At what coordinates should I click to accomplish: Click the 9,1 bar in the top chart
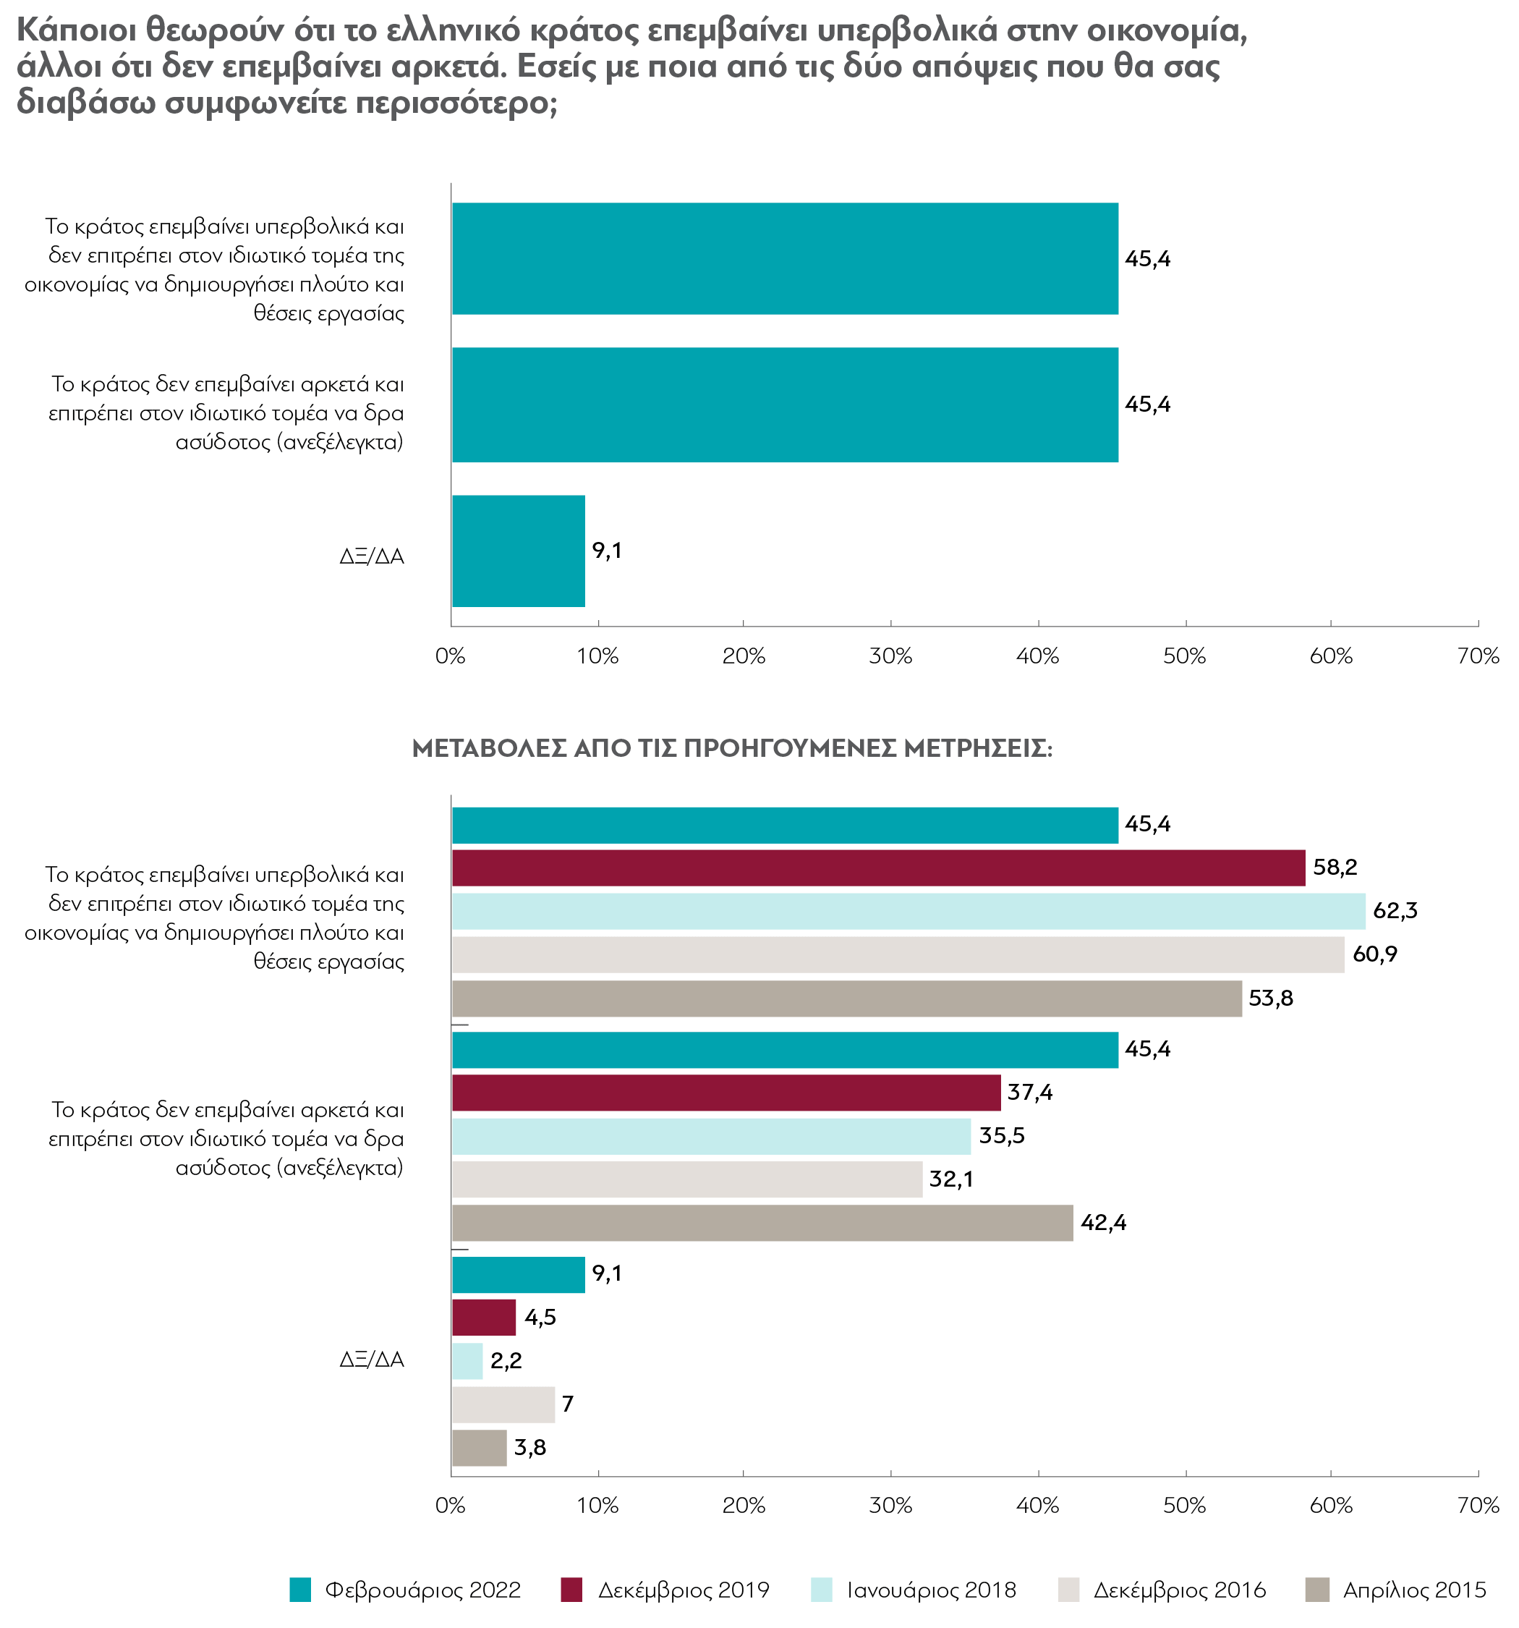point(519,551)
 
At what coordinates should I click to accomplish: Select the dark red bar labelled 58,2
point(879,868)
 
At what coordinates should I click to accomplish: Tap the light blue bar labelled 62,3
point(909,912)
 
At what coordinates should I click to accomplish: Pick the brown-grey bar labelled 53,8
point(847,999)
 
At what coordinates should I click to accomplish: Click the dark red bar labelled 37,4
point(726,1093)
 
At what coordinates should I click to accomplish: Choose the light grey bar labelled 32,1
point(687,1179)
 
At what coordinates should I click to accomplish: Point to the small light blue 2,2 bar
point(467,1361)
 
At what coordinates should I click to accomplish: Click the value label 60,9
point(1375,954)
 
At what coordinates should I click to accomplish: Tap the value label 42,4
point(1104,1223)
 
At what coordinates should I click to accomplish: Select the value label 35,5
point(1003,1136)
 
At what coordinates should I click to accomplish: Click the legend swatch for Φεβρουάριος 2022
point(300,1590)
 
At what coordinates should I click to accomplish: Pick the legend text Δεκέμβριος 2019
point(684,1590)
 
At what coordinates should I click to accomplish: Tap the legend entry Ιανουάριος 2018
point(914,1590)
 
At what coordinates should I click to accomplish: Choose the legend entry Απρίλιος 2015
point(1396,1590)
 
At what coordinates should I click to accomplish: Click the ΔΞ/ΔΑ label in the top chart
point(372,557)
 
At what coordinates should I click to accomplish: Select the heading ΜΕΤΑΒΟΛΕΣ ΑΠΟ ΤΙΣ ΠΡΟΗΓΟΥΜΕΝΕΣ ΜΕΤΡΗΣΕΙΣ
point(732,748)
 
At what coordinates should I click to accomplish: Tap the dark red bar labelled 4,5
point(484,1318)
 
